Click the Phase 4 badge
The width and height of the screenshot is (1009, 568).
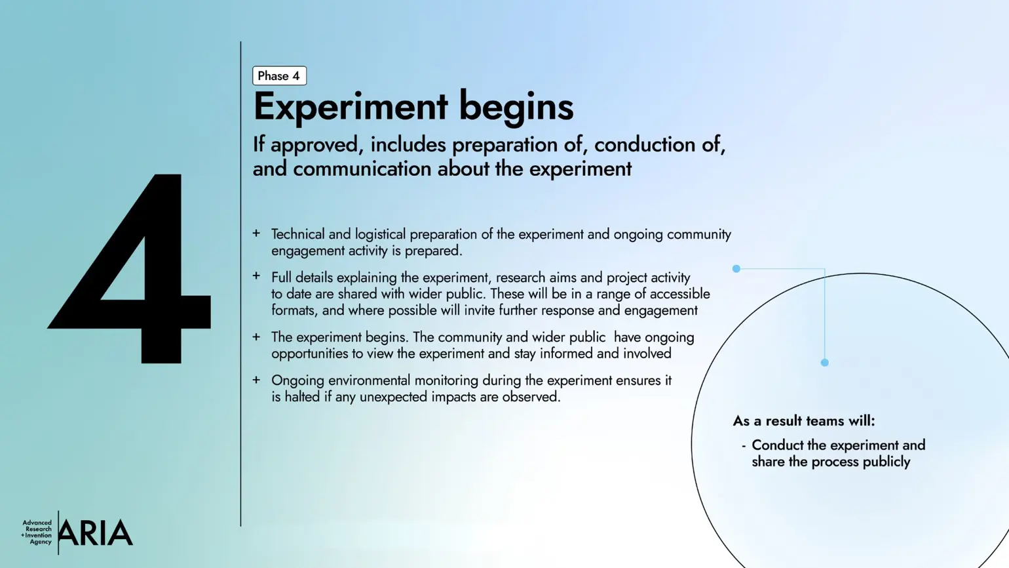click(x=279, y=76)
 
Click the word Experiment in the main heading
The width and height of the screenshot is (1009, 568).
click(x=351, y=107)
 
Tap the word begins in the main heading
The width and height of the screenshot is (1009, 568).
click(x=516, y=107)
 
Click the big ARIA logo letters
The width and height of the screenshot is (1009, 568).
click(x=96, y=533)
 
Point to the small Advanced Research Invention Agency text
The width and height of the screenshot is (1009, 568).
click(x=37, y=533)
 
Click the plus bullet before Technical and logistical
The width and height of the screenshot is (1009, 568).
click(x=256, y=233)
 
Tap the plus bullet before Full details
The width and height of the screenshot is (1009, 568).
click(x=256, y=276)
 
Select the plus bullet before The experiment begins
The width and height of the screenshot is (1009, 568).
click(x=256, y=336)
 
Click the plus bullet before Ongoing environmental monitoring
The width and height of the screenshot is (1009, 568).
click(x=256, y=380)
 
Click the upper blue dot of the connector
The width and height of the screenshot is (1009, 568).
click(x=736, y=268)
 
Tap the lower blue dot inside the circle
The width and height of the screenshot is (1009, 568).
click(x=825, y=362)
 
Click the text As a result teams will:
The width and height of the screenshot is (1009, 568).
click(x=803, y=421)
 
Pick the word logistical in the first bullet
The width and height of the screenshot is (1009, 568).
click(x=381, y=234)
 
